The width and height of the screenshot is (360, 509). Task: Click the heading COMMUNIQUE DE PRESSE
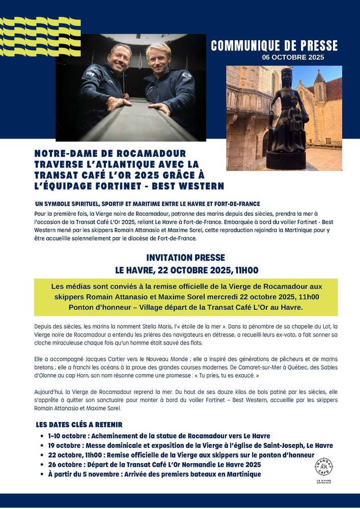tap(274, 46)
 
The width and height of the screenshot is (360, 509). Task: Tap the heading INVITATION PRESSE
tap(185, 258)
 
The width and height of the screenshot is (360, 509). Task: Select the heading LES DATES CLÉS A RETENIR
tap(79, 425)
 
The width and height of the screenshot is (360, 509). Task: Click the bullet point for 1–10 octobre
tap(42, 436)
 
